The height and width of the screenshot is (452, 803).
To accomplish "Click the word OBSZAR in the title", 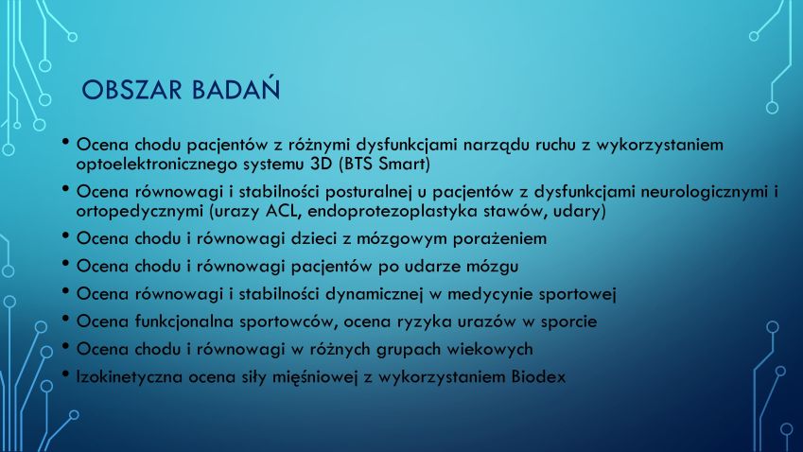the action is (x=132, y=90).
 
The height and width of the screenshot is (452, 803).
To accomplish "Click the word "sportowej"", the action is (x=577, y=294).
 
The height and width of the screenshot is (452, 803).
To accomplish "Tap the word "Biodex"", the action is (x=539, y=376).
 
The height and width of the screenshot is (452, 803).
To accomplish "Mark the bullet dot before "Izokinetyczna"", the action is (x=65, y=374).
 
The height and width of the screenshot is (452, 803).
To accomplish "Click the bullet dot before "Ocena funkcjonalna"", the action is (x=65, y=319).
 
